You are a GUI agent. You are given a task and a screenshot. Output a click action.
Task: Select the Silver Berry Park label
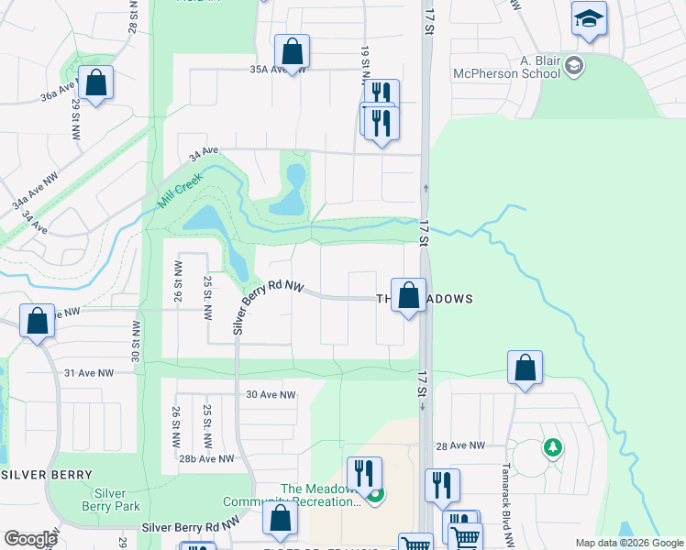click(110, 500)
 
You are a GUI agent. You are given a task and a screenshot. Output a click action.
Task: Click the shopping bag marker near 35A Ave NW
click(292, 51)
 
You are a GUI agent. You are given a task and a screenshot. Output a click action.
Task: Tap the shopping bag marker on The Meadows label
click(409, 296)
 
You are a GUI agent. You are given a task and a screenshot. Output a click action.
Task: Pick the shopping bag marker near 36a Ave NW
click(95, 82)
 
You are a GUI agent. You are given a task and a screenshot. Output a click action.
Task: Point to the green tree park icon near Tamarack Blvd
click(552, 447)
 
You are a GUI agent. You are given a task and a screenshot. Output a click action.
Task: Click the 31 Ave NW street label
click(89, 373)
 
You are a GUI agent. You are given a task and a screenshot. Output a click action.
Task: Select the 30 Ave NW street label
click(271, 395)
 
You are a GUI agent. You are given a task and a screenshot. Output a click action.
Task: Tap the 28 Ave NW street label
click(459, 445)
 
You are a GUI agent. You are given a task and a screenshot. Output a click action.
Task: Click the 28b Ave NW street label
click(206, 458)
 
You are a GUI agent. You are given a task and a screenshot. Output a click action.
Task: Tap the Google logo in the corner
click(30, 539)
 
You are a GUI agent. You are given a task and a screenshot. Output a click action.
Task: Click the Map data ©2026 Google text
click(629, 543)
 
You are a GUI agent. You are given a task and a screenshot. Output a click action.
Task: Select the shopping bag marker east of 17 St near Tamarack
click(525, 368)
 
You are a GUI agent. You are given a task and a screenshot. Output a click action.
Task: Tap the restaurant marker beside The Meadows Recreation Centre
click(364, 474)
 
